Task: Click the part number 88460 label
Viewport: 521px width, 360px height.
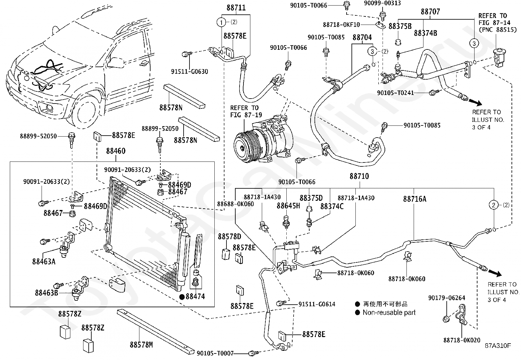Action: [x=116, y=151]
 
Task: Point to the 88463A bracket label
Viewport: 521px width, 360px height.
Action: [x=44, y=261]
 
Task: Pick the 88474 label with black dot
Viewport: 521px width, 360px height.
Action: [x=195, y=297]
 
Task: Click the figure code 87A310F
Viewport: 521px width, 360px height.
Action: [x=497, y=345]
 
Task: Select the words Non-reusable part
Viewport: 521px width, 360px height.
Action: [x=389, y=313]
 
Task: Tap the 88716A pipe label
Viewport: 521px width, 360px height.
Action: [x=415, y=199]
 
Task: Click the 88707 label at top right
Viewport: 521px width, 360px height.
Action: [x=430, y=12]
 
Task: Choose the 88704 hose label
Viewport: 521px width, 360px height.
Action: [x=362, y=37]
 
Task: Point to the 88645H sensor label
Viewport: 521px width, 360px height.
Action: [x=288, y=206]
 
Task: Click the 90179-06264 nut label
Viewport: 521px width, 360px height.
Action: [x=446, y=298]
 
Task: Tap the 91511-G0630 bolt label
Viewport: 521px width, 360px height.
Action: [x=189, y=71]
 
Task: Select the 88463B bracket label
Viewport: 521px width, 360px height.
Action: [x=46, y=293]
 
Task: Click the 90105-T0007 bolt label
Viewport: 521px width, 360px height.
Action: [x=215, y=353]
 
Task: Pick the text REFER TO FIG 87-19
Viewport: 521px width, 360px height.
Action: [x=244, y=111]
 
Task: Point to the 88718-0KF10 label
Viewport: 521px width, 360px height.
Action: [x=341, y=25]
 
